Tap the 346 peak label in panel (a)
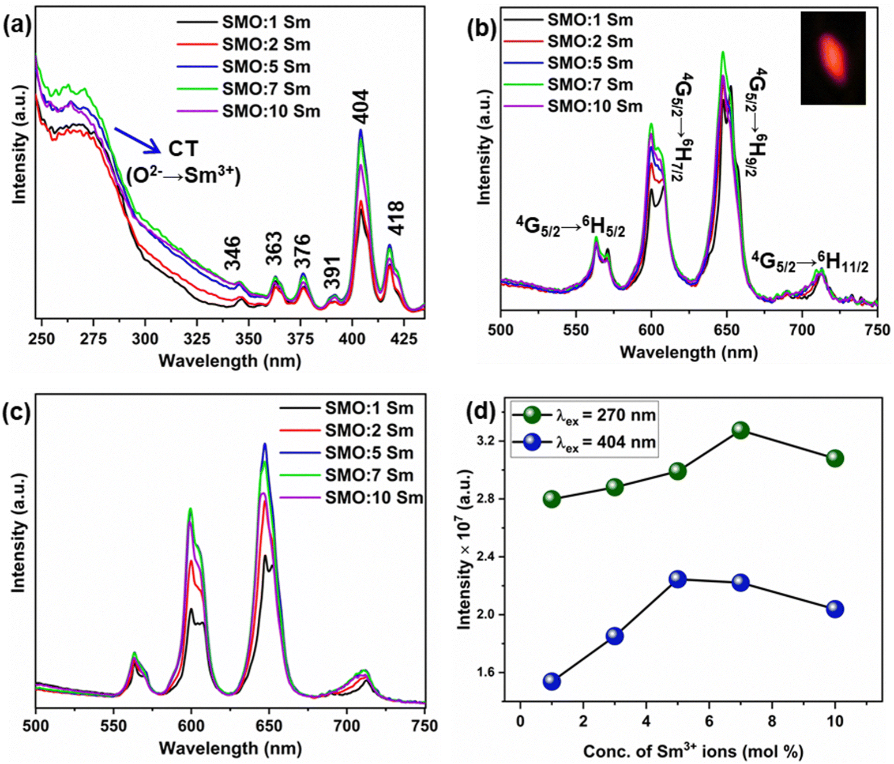(232, 254)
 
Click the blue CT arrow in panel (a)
(137, 140)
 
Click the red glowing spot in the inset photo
(832, 58)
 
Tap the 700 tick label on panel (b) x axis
(802, 330)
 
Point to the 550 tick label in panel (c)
(114, 725)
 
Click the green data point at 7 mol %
(741, 430)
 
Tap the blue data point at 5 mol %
(678, 579)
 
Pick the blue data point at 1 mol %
(552, 681)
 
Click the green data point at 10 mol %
(835, 458)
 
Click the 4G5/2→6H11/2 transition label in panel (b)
(809, 262)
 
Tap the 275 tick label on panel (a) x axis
(93, 338)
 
